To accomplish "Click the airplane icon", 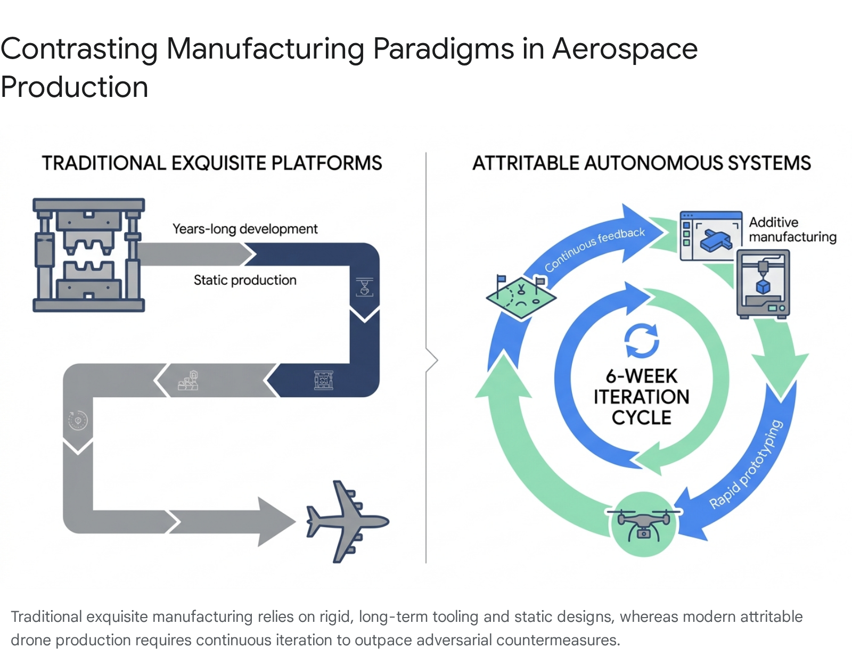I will [x=346, y=522].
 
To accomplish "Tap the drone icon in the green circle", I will [x=643, y=524].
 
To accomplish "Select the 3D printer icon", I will [x=763, y=285].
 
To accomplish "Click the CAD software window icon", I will [x=711, y=236].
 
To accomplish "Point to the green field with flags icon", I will [x=521, y=297].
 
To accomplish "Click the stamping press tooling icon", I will [x=88, y=255].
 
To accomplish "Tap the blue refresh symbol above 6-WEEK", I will [x=642, y=341].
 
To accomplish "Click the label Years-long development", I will [x=245, y=229].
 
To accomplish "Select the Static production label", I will [x=245, y=280].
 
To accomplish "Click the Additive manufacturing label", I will [x=792, y=229].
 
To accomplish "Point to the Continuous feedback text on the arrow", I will [x=594, y=249].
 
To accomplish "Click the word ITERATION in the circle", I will [x=642, y=397].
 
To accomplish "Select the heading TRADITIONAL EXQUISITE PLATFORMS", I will [x=212, y=163].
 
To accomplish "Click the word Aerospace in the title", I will [x=625, y=49].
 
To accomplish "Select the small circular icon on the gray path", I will [x=78, y=421].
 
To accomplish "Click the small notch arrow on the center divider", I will [x=432, y=360].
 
